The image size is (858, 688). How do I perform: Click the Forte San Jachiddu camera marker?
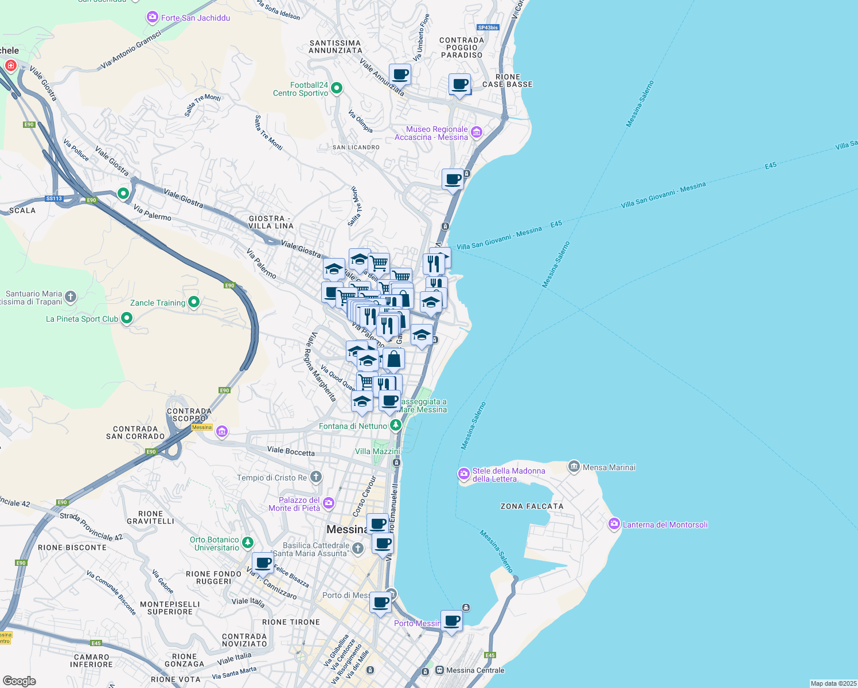coord(152,18)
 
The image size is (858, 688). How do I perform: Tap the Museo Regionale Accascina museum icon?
coord(476,133)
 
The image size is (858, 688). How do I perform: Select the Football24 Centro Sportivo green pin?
coord(337,88)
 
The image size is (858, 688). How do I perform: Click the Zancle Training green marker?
coord(194,302)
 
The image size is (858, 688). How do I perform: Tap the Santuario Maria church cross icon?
coord(71,296)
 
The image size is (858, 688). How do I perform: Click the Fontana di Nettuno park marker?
coord(395,425)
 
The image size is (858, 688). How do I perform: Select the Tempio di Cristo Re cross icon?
coord(315,477)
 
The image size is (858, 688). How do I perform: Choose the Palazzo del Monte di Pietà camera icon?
coord(328,503)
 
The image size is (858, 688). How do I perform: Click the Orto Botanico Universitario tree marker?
coord(247,542)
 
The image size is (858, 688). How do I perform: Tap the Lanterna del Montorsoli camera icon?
coord(614,524)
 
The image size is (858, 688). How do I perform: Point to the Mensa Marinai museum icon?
coord(574,467)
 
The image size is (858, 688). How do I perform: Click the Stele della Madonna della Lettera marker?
coord(463,474)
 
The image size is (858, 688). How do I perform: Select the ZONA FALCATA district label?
coord(532,506)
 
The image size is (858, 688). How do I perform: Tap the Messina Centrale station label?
coord(475,670)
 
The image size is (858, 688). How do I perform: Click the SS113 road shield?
coord(54,198)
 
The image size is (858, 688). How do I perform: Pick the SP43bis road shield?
coord(488,27)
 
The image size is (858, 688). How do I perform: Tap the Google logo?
coord(19,681)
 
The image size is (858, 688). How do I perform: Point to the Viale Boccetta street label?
coord(291,451)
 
